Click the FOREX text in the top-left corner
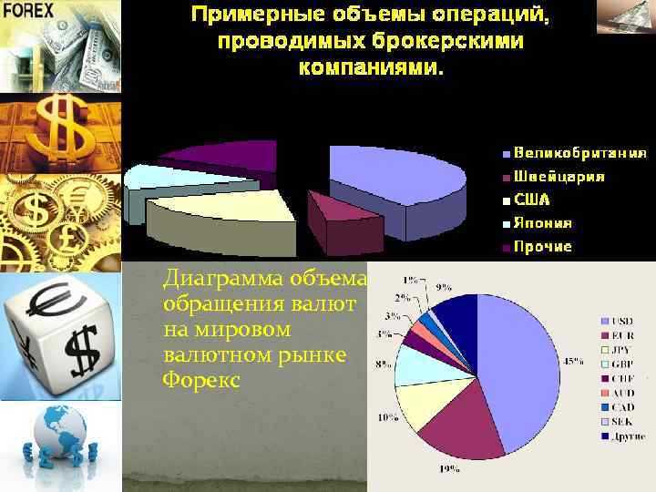[x=28, y=11]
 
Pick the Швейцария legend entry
[x=558, y=176]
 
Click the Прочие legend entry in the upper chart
[x=542, y=247]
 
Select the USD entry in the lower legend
[x=624, y=320]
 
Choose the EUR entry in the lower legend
[x=624, y=334]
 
